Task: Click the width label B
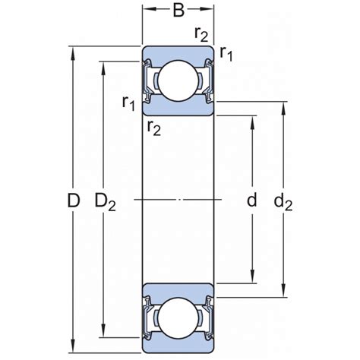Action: [x=178, y=10]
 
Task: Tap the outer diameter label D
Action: [x=74, y=200]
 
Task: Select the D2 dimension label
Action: [x=105, y=202]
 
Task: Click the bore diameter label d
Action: [x=251, y=200]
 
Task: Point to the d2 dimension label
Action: [x=283, y=202]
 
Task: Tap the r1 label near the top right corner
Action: [x=226, y=54]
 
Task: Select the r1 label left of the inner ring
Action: [x=128, y=103]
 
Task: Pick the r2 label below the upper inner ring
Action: [x=154, y=128]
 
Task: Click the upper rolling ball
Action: [x=178, y=81]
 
